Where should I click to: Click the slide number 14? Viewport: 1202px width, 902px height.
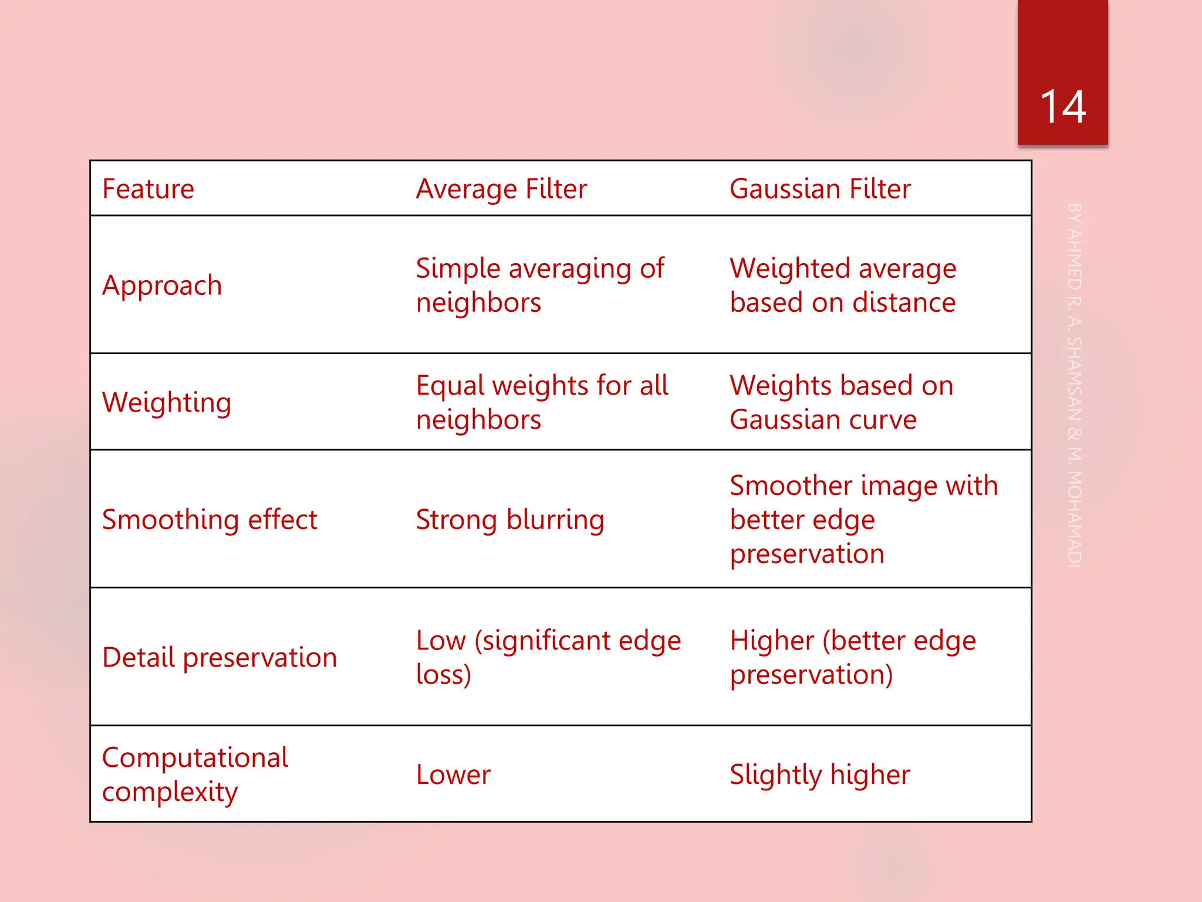(1063, 107)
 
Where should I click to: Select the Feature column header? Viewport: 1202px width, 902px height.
(148, 189)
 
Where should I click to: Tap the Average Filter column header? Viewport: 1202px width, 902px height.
(501, 189)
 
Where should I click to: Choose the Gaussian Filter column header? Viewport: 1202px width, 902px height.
(820, 189)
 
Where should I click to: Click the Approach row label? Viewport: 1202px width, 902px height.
(162, 285)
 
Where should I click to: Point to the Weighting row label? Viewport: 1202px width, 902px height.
(167, 403)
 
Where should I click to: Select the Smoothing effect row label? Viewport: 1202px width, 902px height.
(210, 520)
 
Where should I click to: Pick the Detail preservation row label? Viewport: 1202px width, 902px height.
(220, 657)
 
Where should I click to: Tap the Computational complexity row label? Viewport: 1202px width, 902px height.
(195, 774)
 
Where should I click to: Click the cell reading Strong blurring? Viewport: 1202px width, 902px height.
(510, 520)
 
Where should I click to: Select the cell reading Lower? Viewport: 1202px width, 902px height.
(453, 775)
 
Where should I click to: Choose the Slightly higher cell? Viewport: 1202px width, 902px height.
(820, 775)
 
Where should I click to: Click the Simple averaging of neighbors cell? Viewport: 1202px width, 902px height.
(540, 285)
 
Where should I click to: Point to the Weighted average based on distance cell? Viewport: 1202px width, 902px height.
(843, 285)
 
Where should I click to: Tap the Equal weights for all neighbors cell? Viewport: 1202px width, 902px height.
(542, 403)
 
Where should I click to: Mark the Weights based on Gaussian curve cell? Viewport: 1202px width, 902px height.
(841, 403)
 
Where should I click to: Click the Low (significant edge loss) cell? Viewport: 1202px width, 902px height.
(548, 657)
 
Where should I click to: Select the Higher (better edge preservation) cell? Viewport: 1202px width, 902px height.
(853, 657)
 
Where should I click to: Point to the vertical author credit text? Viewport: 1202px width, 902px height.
(1074, 385)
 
